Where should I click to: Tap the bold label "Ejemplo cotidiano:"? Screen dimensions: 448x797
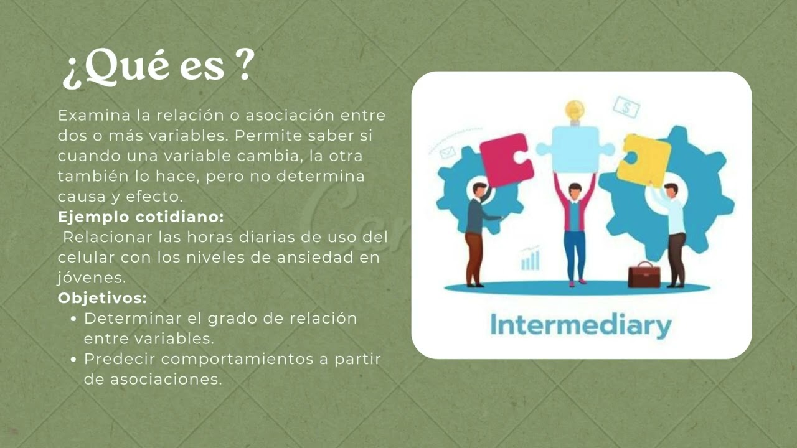141,217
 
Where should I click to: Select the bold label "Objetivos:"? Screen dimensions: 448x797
102,298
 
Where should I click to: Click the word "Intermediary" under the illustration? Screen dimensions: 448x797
581,325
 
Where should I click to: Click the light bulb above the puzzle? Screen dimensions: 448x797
575,111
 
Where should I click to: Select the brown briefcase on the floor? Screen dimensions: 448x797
644,275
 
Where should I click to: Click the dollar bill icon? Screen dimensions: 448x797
626,108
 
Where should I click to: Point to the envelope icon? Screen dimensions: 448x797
447,152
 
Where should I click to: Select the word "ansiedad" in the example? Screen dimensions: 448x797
320,258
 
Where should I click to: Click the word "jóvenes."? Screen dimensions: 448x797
91,278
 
